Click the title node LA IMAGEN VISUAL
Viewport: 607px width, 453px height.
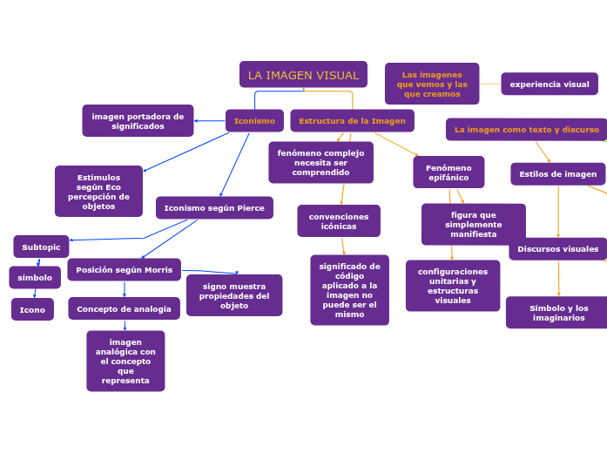(x=303, y=75)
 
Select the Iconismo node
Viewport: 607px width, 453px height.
(x=254, y=121)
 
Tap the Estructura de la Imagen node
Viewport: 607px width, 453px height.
(x=352, y=121)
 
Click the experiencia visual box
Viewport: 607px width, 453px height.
(x=549, y=85)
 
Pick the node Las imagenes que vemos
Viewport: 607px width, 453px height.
(x=432, y=85)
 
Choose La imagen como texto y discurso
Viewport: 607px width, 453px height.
(x=526, y=130)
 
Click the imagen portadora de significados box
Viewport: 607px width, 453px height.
(x=138, y=121)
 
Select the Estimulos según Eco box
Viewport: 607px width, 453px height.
(x=98, y=192)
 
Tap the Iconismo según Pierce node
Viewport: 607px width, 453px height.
(x=214, y=208)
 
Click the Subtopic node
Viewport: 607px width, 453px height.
(x=41, y=247)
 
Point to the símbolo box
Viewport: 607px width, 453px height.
(x=35, y=278)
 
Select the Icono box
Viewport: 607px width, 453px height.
(x=32, y=310)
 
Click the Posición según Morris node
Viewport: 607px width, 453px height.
(x=124, y=270)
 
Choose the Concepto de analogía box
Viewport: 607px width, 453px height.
(x=124, y=309)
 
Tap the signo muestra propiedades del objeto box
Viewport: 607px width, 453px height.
(x=234, y=295)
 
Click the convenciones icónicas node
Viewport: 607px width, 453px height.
(x=339, y=221)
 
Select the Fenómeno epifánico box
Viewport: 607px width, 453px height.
(x=449, y=172)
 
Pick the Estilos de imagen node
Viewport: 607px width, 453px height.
(x=557, y=174)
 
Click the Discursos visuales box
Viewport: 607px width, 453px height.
(x=557, y=249)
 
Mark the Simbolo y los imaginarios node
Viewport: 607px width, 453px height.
(x=557, y=313)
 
